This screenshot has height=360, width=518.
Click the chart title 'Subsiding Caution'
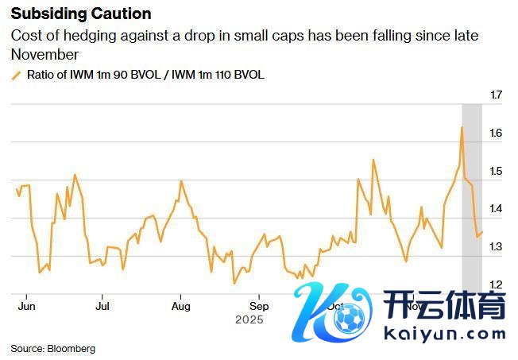pos(81,14)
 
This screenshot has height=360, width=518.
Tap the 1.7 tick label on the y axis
pos(497,95)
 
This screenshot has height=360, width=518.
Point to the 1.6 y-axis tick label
pos(497,134)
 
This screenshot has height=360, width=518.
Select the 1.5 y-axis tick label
pos(497,172)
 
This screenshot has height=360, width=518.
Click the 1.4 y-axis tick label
pos(497,210)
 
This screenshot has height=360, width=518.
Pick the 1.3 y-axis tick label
pos(497,248)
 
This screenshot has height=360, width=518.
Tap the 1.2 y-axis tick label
pos(497,285)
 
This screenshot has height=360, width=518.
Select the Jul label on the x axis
pos(102,305)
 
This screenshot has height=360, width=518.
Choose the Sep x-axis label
pos(259,305)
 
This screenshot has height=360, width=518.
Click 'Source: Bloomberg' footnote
pos(52,348)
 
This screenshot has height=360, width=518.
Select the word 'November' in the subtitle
pos(45,54)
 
